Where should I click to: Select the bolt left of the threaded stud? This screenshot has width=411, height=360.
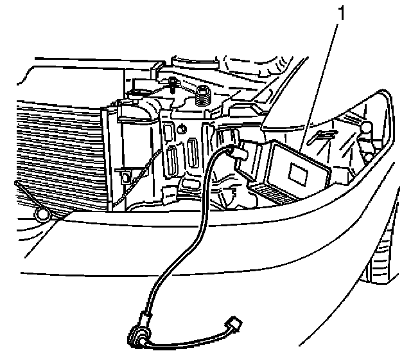click(x=175, y=84)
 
